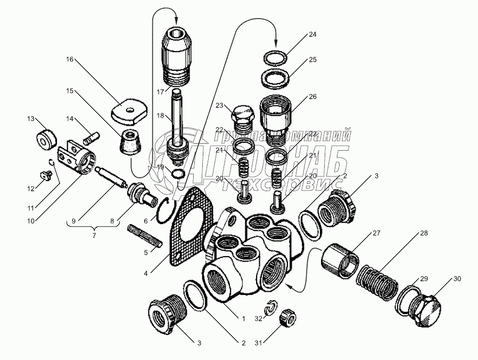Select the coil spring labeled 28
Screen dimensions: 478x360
pos(377,285)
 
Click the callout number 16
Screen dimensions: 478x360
pos(69,59)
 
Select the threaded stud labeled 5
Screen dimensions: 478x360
pos(144,237)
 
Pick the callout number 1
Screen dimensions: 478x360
pos(243,319)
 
